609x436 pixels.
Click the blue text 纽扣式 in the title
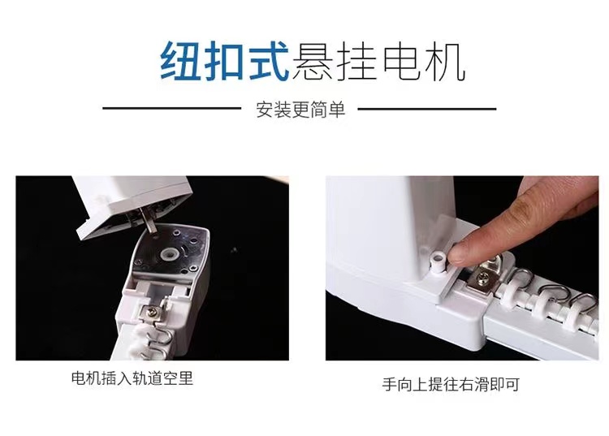click(225, 62)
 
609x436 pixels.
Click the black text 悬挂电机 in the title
click(379, 62)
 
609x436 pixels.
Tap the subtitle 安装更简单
click(300, 109)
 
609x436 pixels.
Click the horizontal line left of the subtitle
click(171, 108)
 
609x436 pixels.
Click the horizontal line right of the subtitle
click(427, 109)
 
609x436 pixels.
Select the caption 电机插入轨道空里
click(132, 378)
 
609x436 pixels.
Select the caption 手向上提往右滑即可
click(451, 384)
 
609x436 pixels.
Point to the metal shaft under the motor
click(148, 220)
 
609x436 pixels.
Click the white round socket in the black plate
click(171, 255)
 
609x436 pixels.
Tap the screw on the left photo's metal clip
click(151, 311)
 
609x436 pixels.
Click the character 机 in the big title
click(446, 62)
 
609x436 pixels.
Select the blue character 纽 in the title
click(179, 62)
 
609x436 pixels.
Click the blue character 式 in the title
click(269, 61)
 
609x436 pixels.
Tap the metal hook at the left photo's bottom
click(162, 337)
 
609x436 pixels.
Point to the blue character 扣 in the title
click(224, 62)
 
